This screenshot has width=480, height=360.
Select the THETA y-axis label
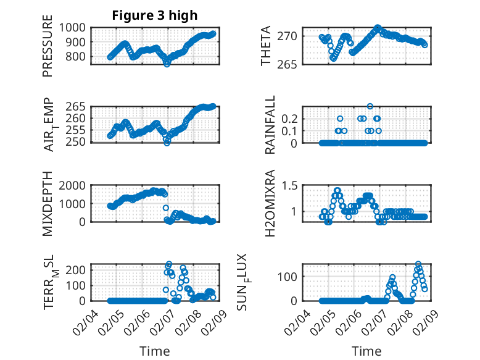266,46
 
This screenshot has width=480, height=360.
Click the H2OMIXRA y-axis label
270,204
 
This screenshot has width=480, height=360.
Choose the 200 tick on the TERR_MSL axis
78,270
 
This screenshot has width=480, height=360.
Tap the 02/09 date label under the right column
425,322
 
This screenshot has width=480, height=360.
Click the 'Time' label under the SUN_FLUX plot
366,351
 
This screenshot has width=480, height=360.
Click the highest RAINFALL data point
370,106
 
